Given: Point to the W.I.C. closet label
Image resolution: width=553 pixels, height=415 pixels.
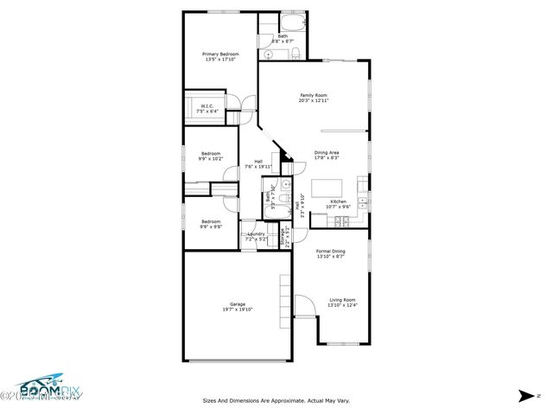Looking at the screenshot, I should (x=207, y=107).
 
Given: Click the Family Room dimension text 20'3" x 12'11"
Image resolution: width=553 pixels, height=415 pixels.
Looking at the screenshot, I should (x=314, y=100).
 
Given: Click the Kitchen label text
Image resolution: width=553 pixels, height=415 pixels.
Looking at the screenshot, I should (x=338, y=201).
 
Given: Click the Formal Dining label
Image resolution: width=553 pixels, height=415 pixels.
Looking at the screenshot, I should (x=331, y=252).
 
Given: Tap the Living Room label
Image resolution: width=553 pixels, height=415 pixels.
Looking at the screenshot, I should (x=342, y=300).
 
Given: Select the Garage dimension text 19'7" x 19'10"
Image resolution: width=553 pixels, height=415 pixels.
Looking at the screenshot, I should (x=238, y=309).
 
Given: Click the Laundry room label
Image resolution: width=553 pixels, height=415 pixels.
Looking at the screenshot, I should (x=256, y=234).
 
